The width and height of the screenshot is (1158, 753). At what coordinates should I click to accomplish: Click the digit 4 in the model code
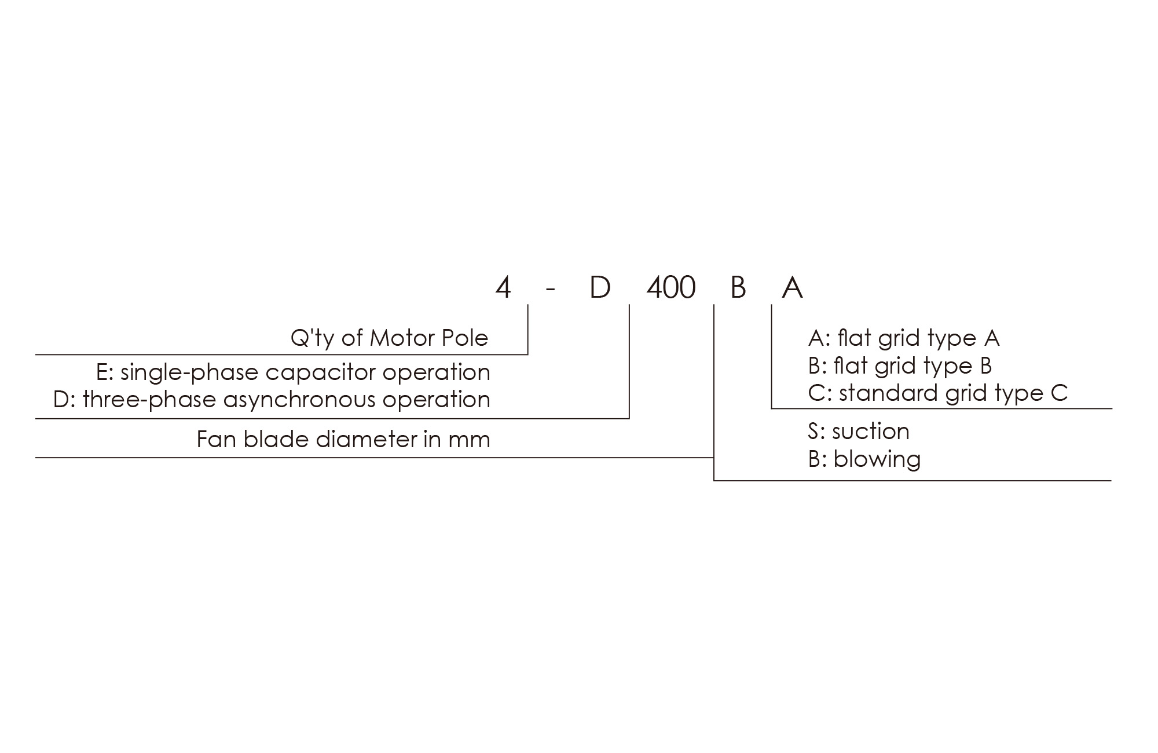click(x=503, y=287)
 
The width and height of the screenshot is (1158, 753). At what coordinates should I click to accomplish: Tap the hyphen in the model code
click(x=550, y=290)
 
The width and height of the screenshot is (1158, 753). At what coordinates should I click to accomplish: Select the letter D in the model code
click(x=600, y=287)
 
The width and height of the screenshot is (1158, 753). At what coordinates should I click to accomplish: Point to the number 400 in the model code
click(x=670, y=287)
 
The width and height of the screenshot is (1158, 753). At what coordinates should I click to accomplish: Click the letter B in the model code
click(x=738, y=287)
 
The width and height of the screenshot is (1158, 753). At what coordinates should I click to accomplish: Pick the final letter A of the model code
click(x=792, y=287)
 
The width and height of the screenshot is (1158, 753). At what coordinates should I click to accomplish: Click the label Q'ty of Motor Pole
click(x=390, y=338)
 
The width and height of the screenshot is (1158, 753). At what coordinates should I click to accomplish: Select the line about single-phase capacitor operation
click(x=294, y=372)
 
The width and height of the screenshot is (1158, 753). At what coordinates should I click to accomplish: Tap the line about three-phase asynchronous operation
click(x=272, y=400)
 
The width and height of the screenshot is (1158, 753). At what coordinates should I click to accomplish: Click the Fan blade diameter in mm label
click(x=343, y=440)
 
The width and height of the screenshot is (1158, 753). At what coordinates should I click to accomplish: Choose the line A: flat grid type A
click(x=904, y=338)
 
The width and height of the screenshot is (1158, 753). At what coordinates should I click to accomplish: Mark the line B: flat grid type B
click(x=900, y=366)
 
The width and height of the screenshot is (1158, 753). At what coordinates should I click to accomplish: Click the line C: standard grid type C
click(x=938, y=393)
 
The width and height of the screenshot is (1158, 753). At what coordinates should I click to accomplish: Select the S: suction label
click(x=859, y=432)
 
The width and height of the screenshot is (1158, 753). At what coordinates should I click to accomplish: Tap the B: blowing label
click(x=864, y=459)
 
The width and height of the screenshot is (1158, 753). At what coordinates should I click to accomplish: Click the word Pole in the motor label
click(x=467, y=338)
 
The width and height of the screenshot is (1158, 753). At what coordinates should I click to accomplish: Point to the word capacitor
click(x=320, y=372)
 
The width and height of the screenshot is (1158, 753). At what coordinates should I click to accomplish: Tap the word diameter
click(x=367, y=440)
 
